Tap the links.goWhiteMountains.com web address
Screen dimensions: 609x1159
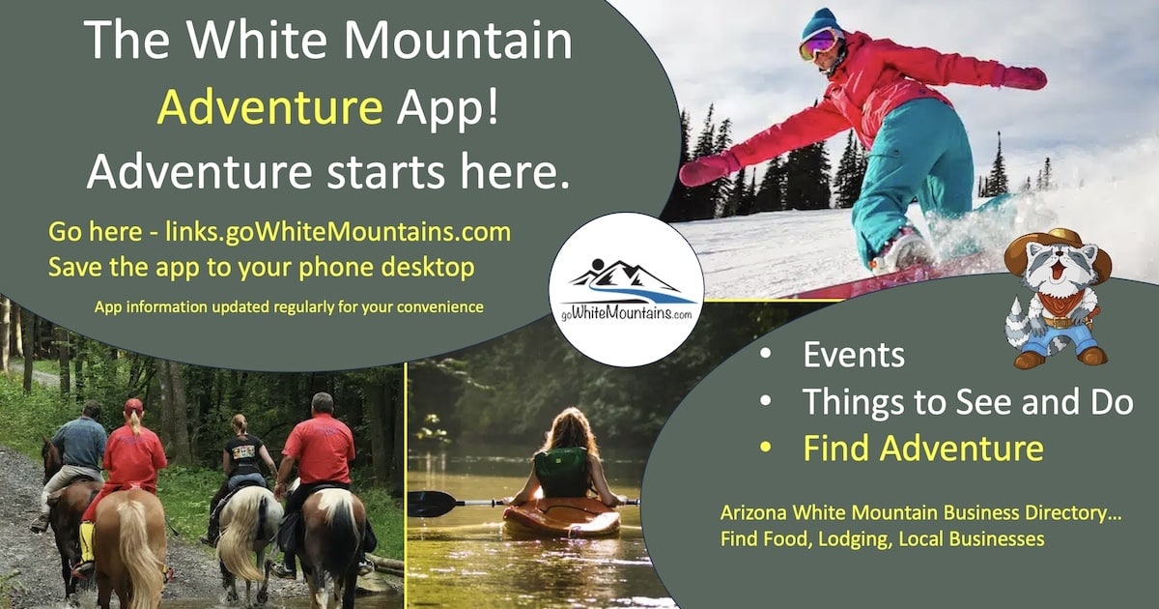[x=337, y=233]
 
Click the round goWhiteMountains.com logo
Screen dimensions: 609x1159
[x=626, y=289]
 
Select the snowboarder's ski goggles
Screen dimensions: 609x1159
[x=819, y=43]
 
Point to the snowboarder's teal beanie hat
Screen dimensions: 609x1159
[x=821, y=21]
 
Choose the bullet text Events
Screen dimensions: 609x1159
[x=854, y=355]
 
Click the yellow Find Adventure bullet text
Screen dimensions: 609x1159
[x=923, y=449]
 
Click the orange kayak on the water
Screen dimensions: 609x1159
[x=561, y=518]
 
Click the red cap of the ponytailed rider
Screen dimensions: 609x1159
[x=133, y=406]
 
